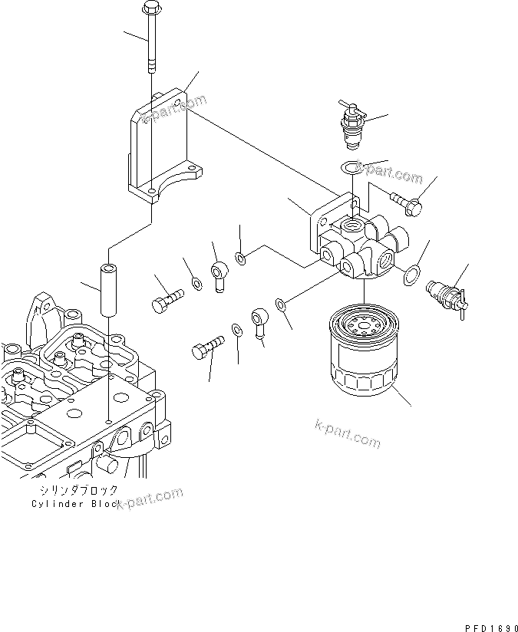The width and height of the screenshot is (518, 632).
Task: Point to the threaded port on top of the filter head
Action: click(x=355, y=225)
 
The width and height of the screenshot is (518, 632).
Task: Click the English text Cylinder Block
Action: click(x=75, y=504)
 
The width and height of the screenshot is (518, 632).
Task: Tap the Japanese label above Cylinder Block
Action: click(x=75, y=490)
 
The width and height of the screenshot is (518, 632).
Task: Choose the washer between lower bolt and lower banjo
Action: click(x=237, y=330)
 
